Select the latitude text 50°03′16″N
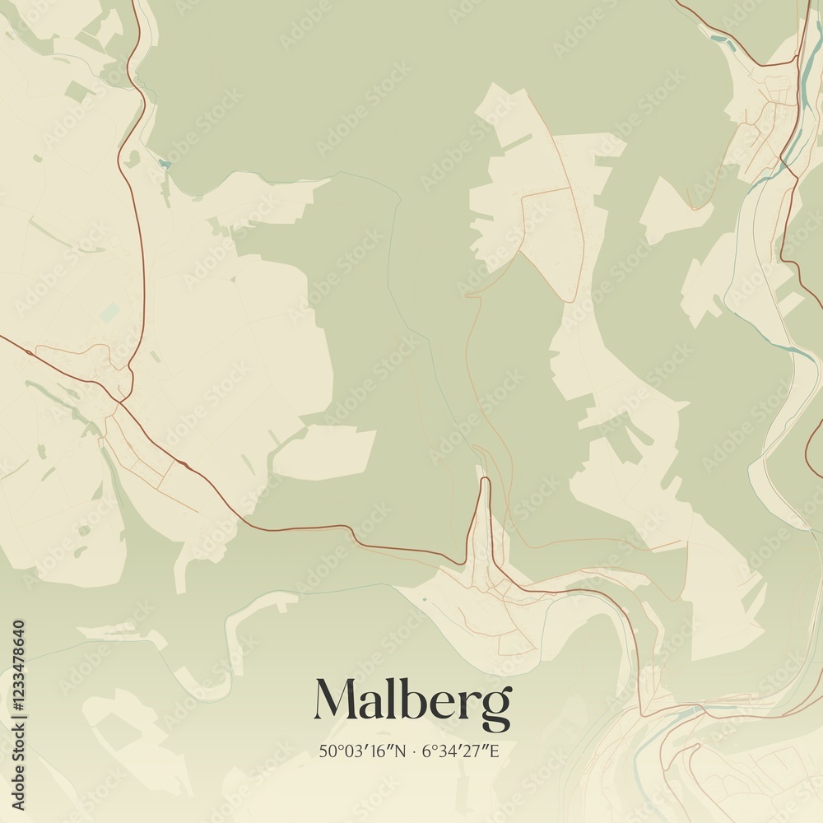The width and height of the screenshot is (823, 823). tap(362, 751)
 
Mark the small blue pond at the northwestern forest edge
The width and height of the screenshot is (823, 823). tap(165, 164)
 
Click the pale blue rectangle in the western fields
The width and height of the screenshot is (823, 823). tap(109, 313)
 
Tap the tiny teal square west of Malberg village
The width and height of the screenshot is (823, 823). tap(425, 598)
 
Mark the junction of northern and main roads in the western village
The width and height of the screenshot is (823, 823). tap(122, 401)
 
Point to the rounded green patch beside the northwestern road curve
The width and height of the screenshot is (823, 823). tap(133, 156)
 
